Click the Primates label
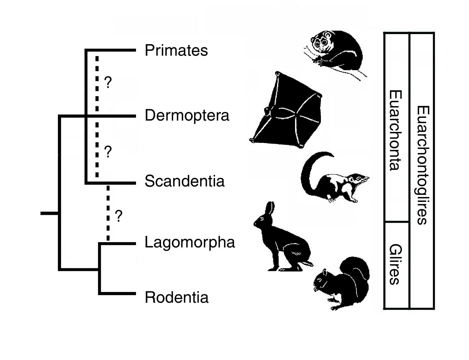pyautogui.click(x=176, y=51)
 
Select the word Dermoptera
pyautogui.click(x=187, y=116)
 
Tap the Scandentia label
pyautogui.click(x=184, y=181)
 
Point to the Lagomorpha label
pyautogui.click(x=190, y=242)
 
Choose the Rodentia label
pyautogui.click(x=177, y=298)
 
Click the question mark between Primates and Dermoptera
pyautogui.click(x=108, y=83)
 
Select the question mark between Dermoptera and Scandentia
pyautogui.click(x=108, y=152)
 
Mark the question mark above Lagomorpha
pyautogui.click(x=119, y=216)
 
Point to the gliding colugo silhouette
pyautogui.click(x=285, y=111)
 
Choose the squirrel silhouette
pyautogui.click(x=342, y=283)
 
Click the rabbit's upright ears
pyautogui.click(x=270, y=209)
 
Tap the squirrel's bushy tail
pyautogui.click(x=358, y=271)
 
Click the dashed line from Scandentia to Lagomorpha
pyautogui.click(x=108, y=213)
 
